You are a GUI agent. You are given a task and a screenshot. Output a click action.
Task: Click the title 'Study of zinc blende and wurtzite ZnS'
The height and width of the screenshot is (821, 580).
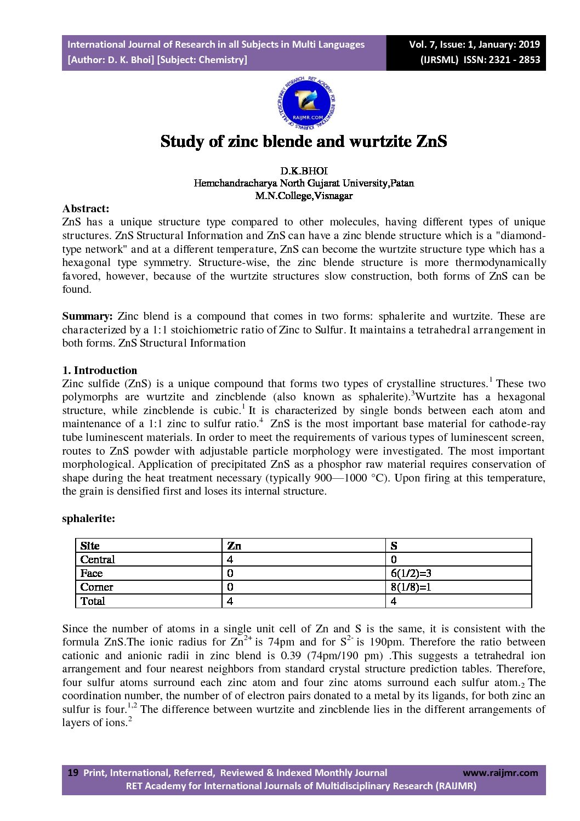[x=304, y=141]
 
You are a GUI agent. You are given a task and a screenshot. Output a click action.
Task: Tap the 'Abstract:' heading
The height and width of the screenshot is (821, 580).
[x=86, y=208]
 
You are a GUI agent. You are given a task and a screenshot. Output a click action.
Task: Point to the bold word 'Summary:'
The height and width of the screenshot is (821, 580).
[x=87, y=316]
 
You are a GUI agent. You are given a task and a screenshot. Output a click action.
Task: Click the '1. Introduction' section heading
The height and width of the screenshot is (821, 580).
[x=100, y=370]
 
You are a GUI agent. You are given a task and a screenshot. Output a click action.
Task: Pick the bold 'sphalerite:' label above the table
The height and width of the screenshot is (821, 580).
[x=89, y=518]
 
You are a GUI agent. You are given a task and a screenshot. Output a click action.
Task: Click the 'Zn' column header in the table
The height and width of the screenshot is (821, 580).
[x=234, y=546]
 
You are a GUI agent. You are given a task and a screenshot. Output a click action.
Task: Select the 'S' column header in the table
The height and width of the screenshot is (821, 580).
[x=394, y=546]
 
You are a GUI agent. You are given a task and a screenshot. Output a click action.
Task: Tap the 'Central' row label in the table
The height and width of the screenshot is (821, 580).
[x=98, y=559]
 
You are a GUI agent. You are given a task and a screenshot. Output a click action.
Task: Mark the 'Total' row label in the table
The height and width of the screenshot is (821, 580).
[x=93, y=601]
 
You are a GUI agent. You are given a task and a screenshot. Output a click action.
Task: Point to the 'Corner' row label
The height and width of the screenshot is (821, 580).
[x=96, y=587]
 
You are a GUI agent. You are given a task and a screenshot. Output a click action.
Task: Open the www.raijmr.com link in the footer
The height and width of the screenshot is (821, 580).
[x=501, y=773]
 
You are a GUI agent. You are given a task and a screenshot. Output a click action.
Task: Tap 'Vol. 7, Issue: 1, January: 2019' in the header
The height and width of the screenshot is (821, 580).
[x=474, y=44]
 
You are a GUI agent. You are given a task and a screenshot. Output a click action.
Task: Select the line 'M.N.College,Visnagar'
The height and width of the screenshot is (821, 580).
[x=304, y=196]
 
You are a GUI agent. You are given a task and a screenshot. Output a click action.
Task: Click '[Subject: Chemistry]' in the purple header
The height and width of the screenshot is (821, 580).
[x=202, y=60]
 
